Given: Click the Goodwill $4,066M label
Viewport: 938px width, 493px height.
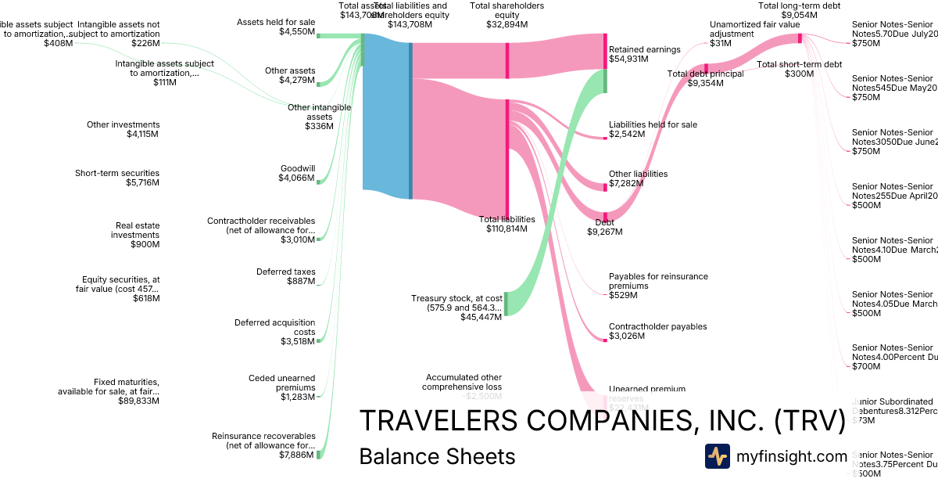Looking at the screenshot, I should (297, 173).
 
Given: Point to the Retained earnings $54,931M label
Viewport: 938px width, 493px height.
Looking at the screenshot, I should (644, 54).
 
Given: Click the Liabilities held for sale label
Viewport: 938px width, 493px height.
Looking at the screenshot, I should (653, 129).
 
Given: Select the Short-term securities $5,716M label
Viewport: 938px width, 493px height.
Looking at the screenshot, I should (117, 178).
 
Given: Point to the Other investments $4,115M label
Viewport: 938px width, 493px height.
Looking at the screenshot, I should (123, 129).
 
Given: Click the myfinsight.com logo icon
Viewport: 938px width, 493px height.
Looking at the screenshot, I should (718, 456).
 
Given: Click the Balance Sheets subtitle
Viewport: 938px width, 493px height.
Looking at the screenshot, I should (437, 456).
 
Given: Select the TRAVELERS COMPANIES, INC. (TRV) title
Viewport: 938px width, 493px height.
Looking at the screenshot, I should (602, 421).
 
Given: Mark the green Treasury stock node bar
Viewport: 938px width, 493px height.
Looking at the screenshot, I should (506, 303).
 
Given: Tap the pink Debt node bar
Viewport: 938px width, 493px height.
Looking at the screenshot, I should (604, 216).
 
